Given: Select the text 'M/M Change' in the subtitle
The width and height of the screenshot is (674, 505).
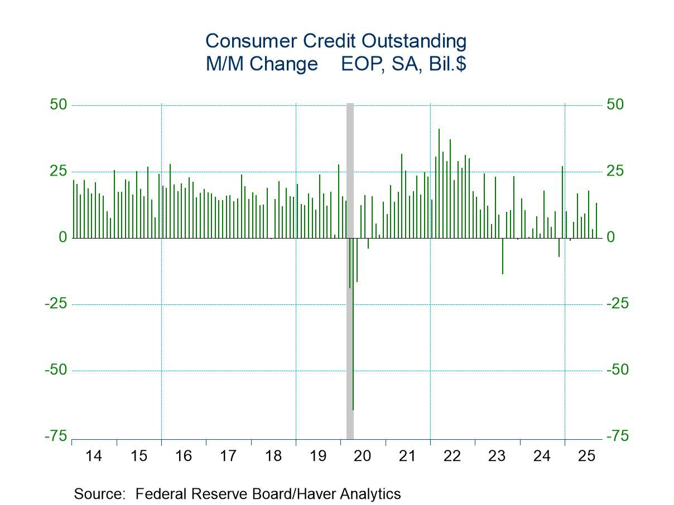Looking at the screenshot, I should pos(261,64).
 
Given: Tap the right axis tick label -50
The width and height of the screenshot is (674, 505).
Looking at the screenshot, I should pos(618,370).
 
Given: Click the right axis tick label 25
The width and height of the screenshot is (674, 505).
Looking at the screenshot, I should pos(615,171).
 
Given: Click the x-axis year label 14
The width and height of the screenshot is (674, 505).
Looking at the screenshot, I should pos(94,456).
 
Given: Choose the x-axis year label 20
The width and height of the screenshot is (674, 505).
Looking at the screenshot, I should pos(363,456).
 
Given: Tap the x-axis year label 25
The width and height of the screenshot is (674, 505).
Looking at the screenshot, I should pos(587,456).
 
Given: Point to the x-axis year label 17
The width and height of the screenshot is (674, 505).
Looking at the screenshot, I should pos(228,456).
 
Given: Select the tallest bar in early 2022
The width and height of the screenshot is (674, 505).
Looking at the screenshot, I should pos(439,167).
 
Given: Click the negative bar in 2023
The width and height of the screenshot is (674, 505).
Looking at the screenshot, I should pos(502,256).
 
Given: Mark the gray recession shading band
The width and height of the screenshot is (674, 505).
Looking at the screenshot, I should pos(350,167).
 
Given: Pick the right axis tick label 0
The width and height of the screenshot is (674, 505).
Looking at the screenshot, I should pos(612,237).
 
